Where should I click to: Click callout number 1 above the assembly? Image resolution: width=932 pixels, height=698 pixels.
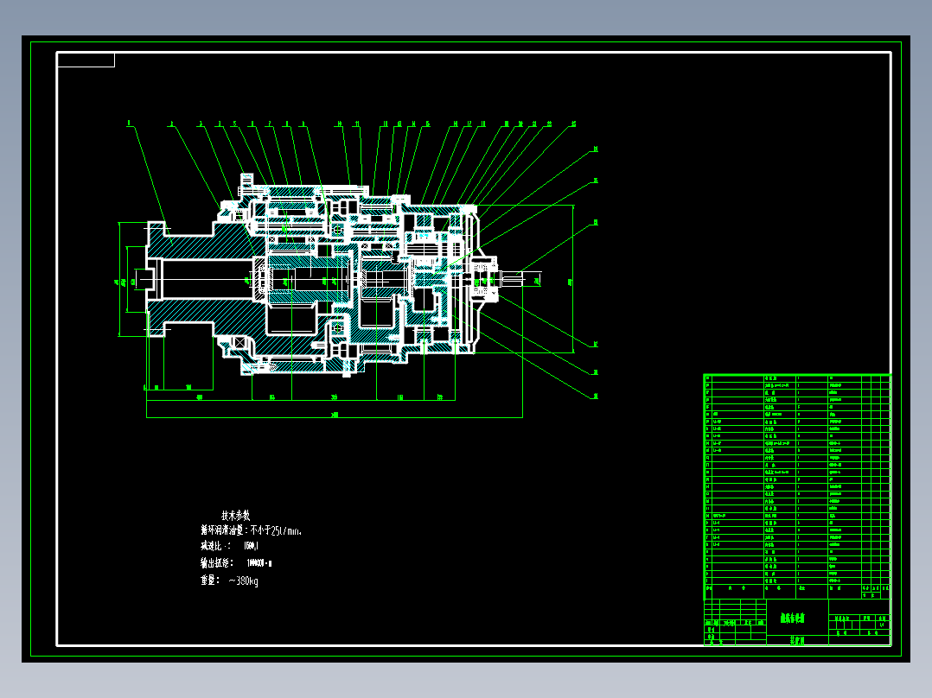[x=129, y=124]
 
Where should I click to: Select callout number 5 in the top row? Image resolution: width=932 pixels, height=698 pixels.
[x=234, y=124]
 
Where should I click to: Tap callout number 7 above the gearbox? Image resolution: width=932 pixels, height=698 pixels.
[x=269, y=124]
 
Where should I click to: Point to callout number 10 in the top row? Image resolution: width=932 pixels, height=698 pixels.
[x=340, y=124]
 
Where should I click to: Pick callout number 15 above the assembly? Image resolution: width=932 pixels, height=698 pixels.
[x=427, y=124]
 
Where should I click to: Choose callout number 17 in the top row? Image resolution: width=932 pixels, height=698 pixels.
[x=469, y=124]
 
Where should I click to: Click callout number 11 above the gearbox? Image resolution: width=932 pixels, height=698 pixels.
[x=356, y=124]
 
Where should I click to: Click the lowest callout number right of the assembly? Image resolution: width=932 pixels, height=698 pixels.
[x=596, y=396]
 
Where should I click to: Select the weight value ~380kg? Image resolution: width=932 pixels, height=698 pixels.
[x=243, y=581]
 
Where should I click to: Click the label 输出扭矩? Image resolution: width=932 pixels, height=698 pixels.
[x=216, y=563]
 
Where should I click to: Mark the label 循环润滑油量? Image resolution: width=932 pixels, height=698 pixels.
[x=223, y=530]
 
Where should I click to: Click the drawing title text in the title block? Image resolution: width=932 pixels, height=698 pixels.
[x=792, y=619]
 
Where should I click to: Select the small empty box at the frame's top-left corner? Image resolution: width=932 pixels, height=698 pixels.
[x=86, y=60]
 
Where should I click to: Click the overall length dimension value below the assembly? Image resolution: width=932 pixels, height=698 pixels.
[x=335, y=416]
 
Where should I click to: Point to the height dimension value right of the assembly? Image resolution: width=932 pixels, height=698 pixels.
[x=570, y=281]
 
